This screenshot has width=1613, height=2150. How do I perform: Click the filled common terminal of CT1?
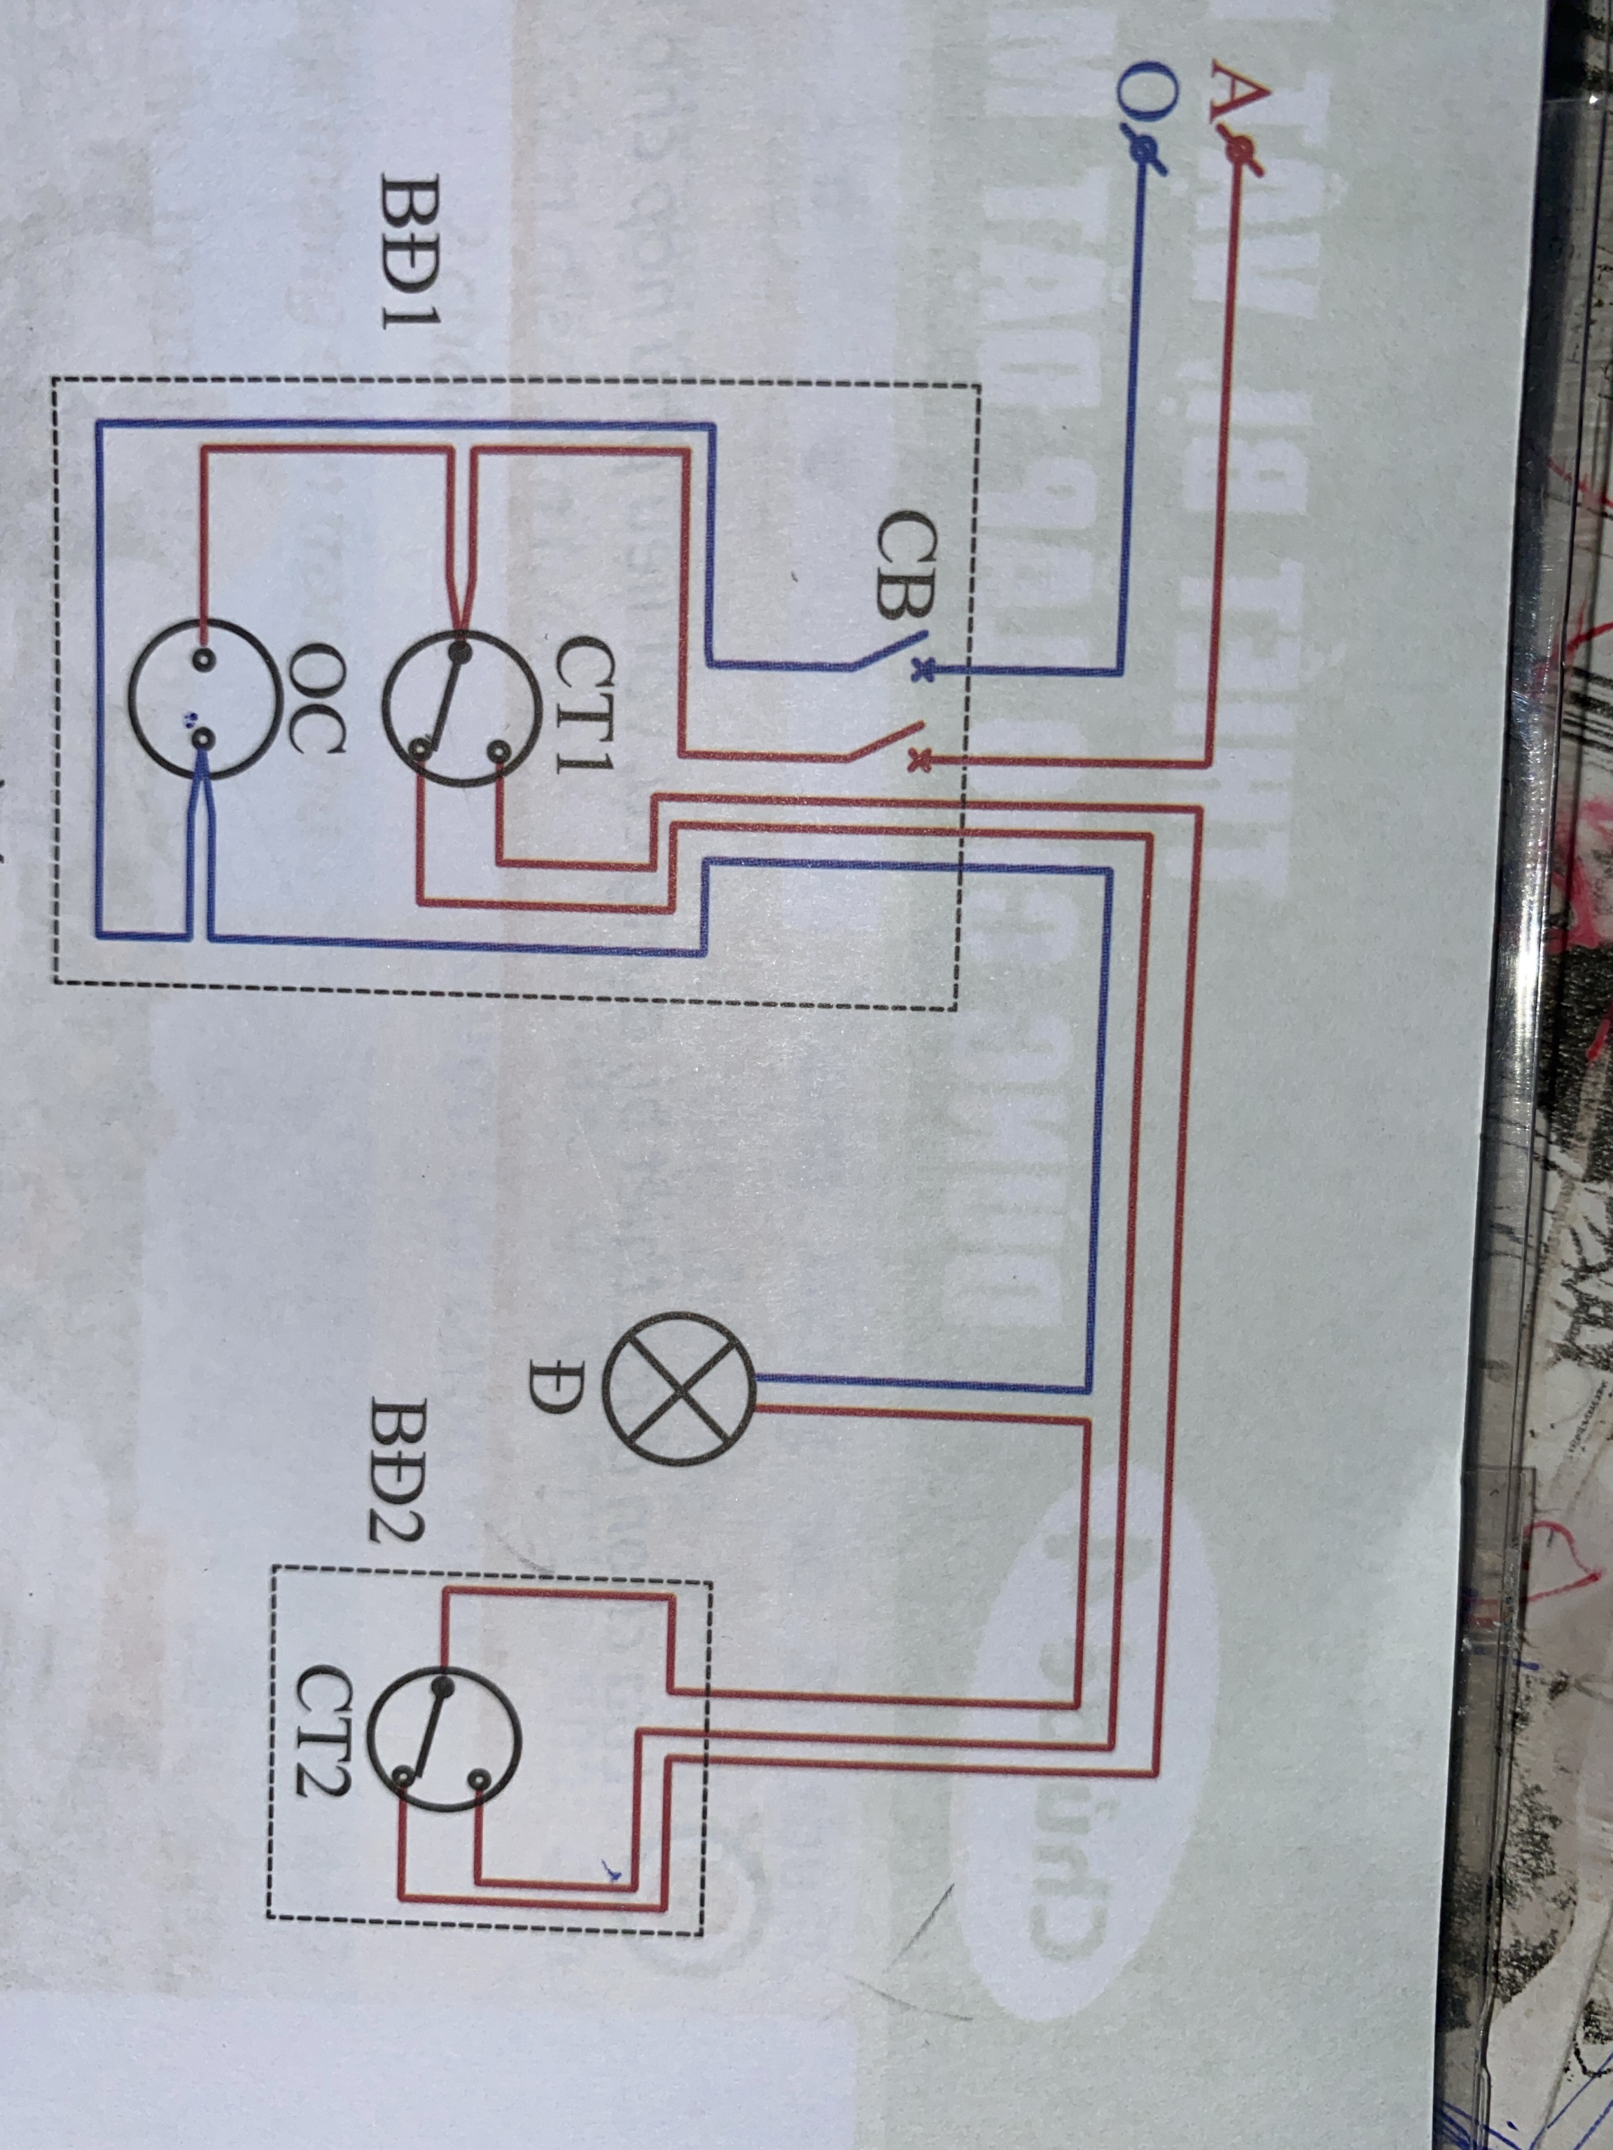pos(459,645)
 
